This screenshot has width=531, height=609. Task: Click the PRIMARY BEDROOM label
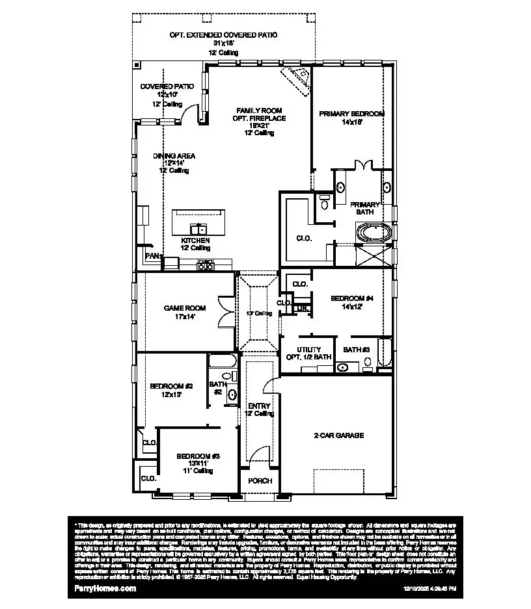[351, 114]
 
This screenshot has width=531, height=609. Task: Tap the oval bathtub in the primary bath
[374, 232]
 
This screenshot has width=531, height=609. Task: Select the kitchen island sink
[198, 228]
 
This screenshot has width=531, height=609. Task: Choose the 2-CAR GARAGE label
[338, 435]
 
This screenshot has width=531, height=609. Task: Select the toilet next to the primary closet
[324, 203]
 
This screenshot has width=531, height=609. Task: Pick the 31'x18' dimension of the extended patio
[223, 43]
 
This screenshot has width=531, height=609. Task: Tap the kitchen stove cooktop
[205, 265]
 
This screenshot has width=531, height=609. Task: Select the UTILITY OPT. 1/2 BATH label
[308, 354]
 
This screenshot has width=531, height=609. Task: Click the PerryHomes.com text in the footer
[102, 588]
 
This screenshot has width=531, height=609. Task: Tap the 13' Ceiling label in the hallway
[258, 313]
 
